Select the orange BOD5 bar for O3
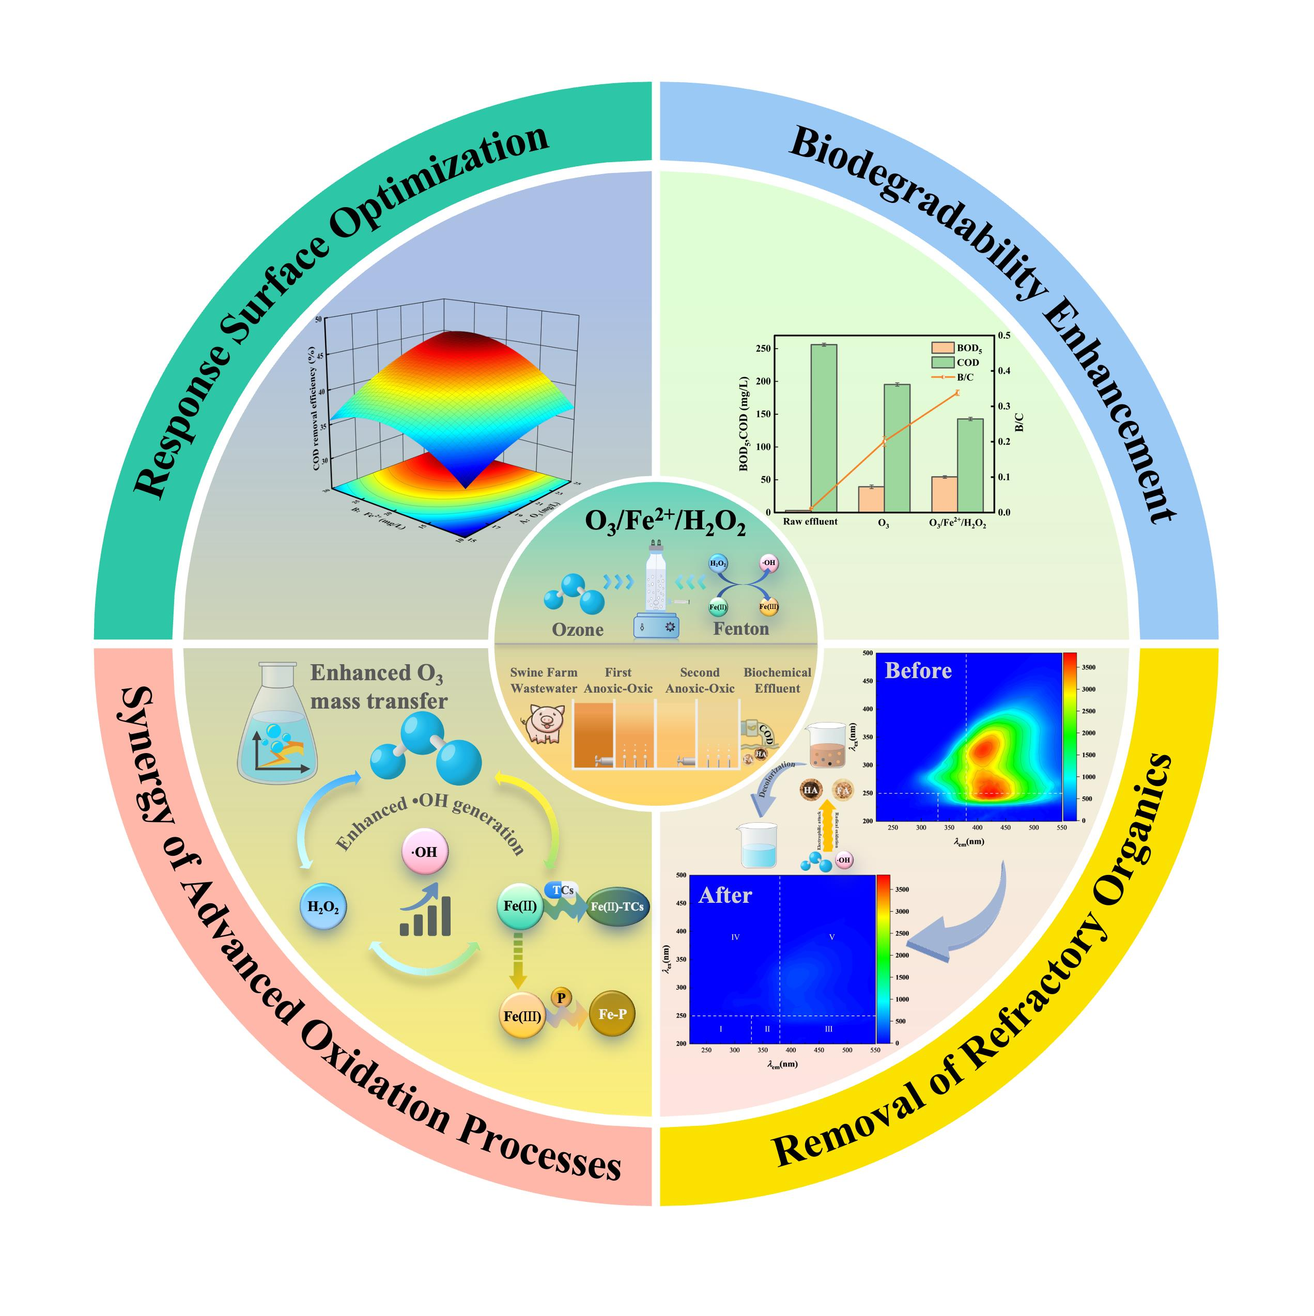pos(871,498)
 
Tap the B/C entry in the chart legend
pos(964,377)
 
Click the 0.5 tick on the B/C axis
pos(1004,335)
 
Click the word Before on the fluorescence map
pos(917,671)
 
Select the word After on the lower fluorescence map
pos(725,895)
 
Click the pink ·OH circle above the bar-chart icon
pos(425,852)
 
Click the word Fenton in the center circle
pos(741,628)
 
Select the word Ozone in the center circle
pos(577,630)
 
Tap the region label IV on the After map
pos(735,937)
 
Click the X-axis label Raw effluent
pos(810,522)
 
